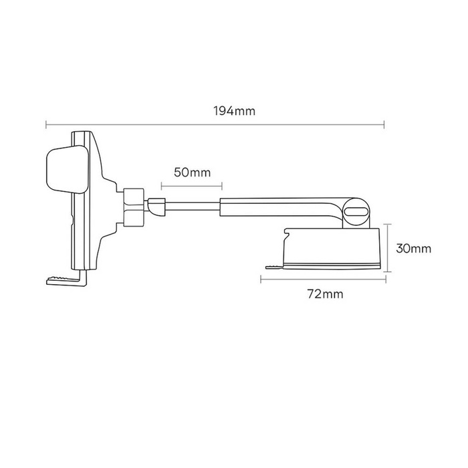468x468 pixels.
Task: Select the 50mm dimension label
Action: [192, 172]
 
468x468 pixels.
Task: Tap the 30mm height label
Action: [413, 248]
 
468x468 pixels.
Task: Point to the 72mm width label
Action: [323, 293]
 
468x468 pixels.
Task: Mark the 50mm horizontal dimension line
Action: [192, 184]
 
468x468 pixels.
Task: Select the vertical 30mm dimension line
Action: [387, 248]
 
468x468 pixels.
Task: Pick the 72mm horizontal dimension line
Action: [322, 279]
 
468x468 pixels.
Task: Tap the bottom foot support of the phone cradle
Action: [65, 279]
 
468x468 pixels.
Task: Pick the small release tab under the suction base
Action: [273, 267]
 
